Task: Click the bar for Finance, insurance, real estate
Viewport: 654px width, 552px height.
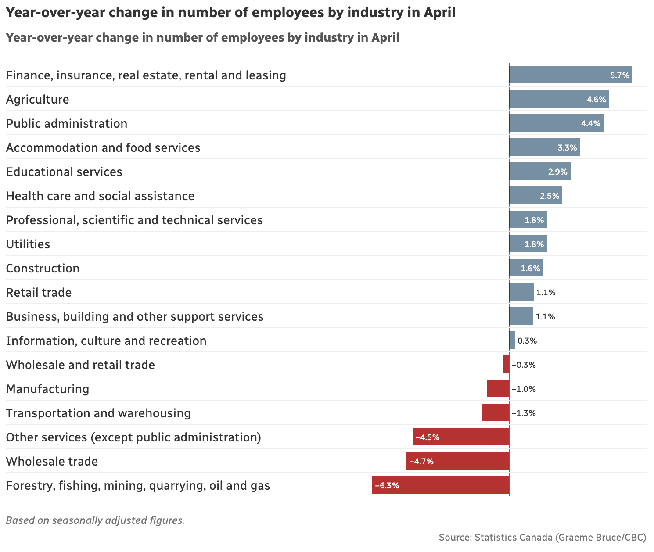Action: [x=571, y=75]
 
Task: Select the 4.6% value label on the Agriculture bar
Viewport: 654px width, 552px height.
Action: [x=596, y=99]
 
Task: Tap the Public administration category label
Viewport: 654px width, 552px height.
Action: [x=67, y=123]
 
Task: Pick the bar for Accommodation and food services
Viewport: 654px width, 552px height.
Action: [x=544, y=147]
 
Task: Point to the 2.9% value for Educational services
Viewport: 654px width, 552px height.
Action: [x=557, y=172]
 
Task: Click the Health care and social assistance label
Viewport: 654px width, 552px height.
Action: [x=100, y=196]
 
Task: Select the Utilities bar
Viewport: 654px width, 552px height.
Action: [x=528, y=244]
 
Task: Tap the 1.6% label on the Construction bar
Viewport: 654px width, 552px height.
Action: [x=530, y=268]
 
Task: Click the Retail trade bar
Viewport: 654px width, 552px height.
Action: [x=521, y=292]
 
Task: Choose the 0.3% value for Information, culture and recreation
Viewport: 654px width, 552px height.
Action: [x=527, y=341]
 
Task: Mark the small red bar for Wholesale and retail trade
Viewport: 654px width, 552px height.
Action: [x=506, y=365]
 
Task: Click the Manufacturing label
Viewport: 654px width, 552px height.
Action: [x=47, y=389]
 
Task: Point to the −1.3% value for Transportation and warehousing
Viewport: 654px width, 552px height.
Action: [x=524, y=413]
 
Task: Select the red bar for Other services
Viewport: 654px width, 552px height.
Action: [x=461, y=437]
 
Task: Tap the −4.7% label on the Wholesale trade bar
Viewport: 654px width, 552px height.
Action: [x=421, y=461]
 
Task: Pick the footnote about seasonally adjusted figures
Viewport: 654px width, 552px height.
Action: [x=95, y=520]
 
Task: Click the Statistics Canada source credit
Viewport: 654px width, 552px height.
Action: [x=543, y=537]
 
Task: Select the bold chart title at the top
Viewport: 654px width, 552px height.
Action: [x=231, y=13]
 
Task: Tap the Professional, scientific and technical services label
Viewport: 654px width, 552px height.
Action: [x=134, y=220]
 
